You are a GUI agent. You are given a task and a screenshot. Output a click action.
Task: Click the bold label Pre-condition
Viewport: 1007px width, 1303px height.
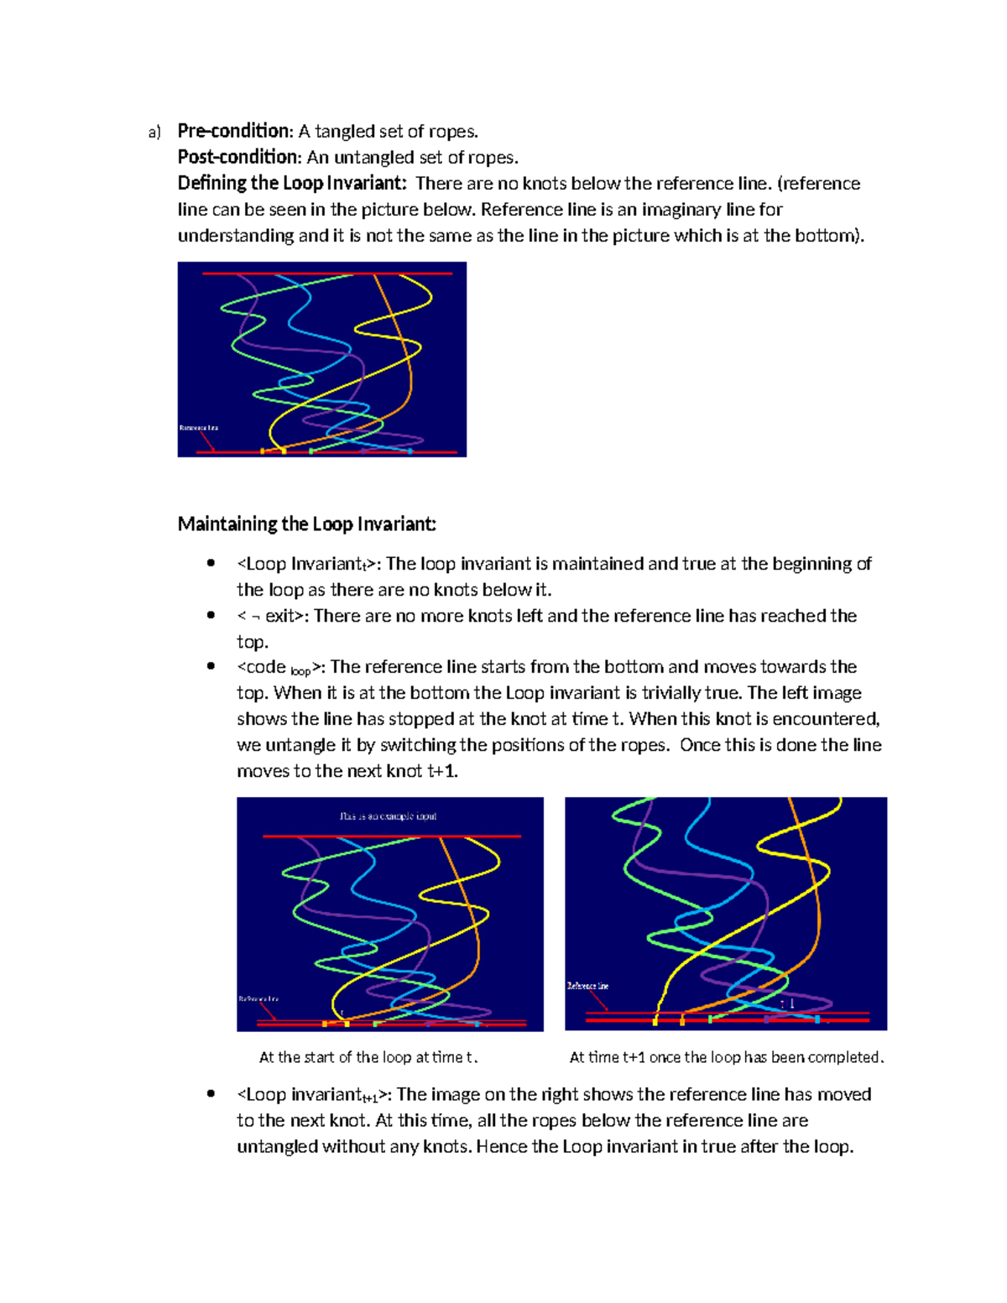233,131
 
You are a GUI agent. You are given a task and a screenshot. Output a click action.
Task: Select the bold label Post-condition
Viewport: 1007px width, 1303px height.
238,157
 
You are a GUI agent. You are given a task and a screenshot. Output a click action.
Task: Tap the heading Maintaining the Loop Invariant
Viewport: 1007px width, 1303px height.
306,524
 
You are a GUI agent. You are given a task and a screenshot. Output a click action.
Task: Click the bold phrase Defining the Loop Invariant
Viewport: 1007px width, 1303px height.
292,183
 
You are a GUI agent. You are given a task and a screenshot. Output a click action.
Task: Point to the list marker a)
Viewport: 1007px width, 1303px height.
154,132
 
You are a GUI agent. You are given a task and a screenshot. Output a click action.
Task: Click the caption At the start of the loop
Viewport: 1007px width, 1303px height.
368,1057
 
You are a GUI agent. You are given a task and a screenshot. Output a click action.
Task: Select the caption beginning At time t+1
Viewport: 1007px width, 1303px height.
726,1057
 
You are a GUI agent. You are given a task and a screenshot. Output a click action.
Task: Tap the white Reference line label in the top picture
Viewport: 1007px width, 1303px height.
199,428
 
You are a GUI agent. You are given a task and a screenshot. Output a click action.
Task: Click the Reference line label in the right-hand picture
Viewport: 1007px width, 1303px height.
587,986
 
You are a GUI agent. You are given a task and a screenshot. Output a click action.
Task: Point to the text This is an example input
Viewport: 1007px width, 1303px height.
388,816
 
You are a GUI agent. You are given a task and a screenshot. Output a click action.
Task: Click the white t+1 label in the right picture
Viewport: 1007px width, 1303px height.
787,1003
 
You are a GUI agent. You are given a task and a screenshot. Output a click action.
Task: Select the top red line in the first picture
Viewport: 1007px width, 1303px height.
333,274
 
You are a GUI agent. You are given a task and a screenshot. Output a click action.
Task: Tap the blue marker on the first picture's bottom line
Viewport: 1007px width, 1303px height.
410,451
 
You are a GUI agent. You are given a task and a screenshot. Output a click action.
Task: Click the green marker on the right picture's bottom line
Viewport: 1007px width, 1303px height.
711,1019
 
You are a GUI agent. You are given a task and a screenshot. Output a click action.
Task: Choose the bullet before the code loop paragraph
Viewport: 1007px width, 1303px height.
211,667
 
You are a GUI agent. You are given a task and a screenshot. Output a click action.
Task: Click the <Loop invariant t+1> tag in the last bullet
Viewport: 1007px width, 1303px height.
314,1095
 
